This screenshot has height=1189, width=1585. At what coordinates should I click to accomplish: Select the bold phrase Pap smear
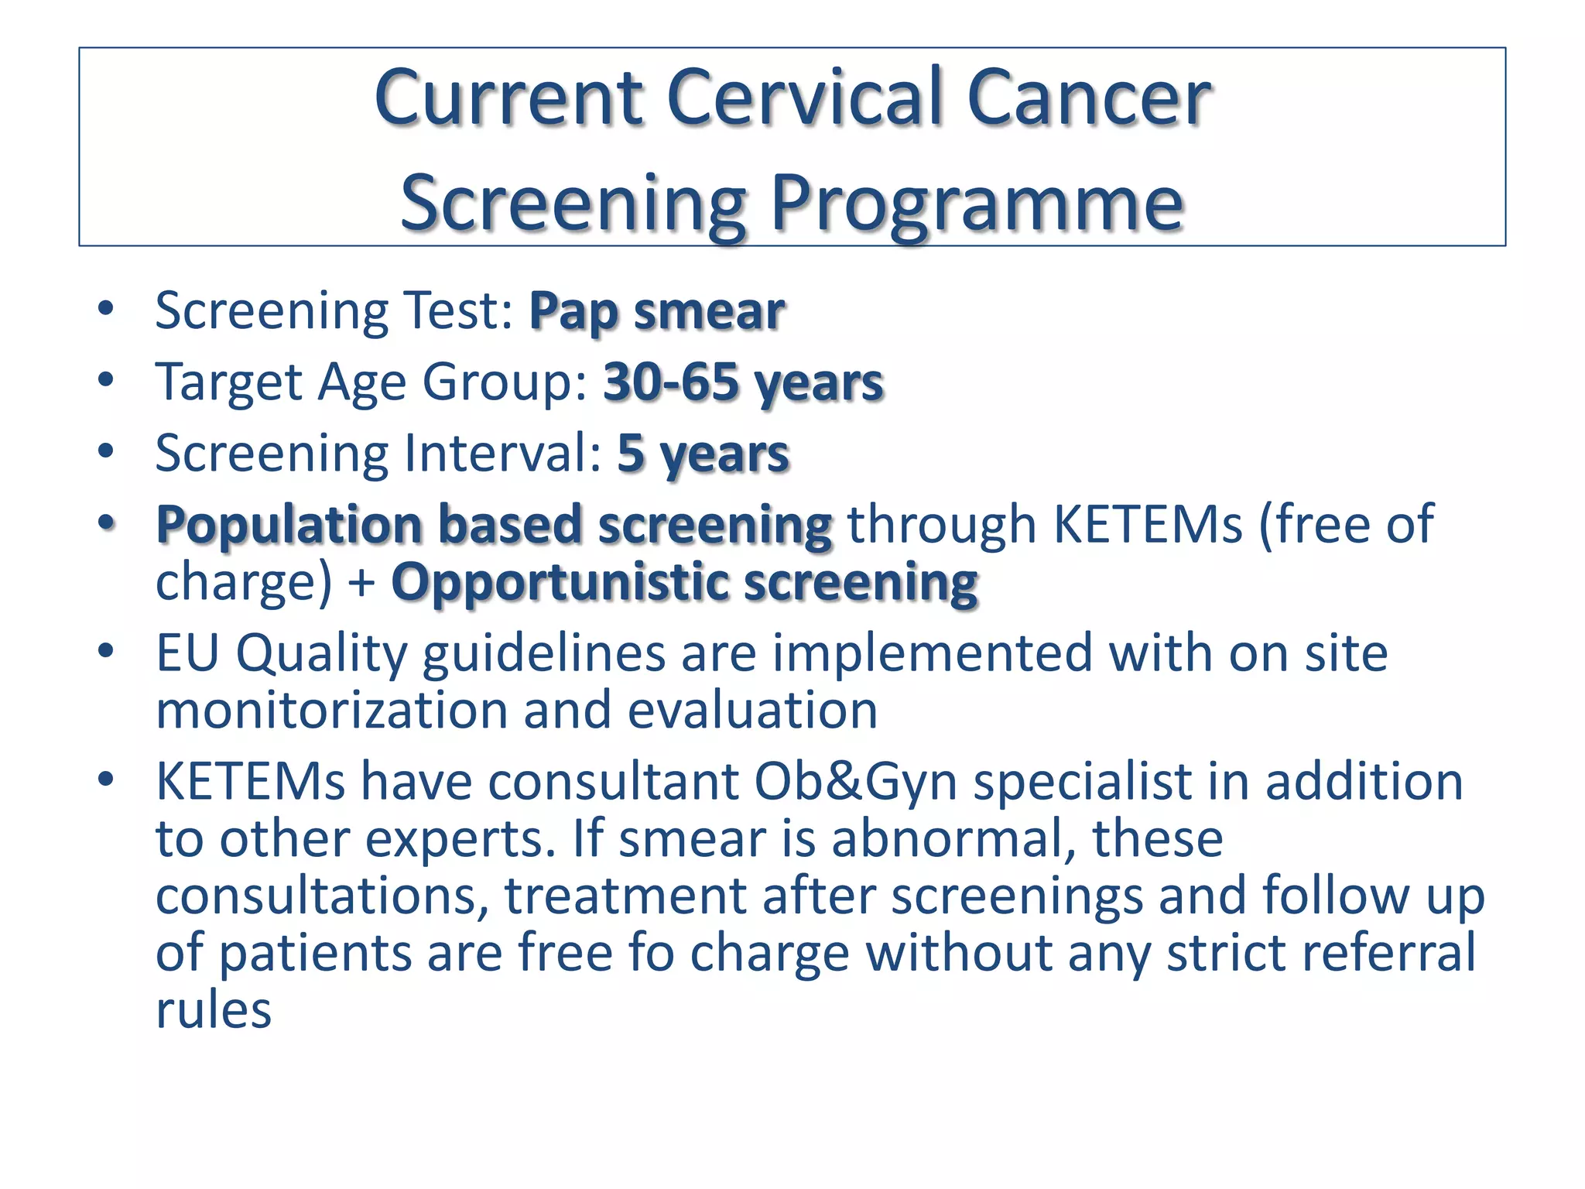[656, 311]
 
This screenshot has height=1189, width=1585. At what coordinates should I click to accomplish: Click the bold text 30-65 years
[743, 382]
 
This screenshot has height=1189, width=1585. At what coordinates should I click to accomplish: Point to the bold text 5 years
[703, 454]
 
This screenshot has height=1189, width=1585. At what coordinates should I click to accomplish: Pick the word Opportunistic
[559, 582]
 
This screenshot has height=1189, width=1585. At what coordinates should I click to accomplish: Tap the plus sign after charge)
[361, 584]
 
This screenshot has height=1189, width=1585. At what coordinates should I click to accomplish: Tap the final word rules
[214, 1009]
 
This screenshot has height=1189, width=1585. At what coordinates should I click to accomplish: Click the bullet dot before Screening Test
[106, 310]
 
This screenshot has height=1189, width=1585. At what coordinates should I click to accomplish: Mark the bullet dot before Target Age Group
[106, 381]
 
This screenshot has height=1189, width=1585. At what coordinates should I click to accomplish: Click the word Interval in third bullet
[495, 454]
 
